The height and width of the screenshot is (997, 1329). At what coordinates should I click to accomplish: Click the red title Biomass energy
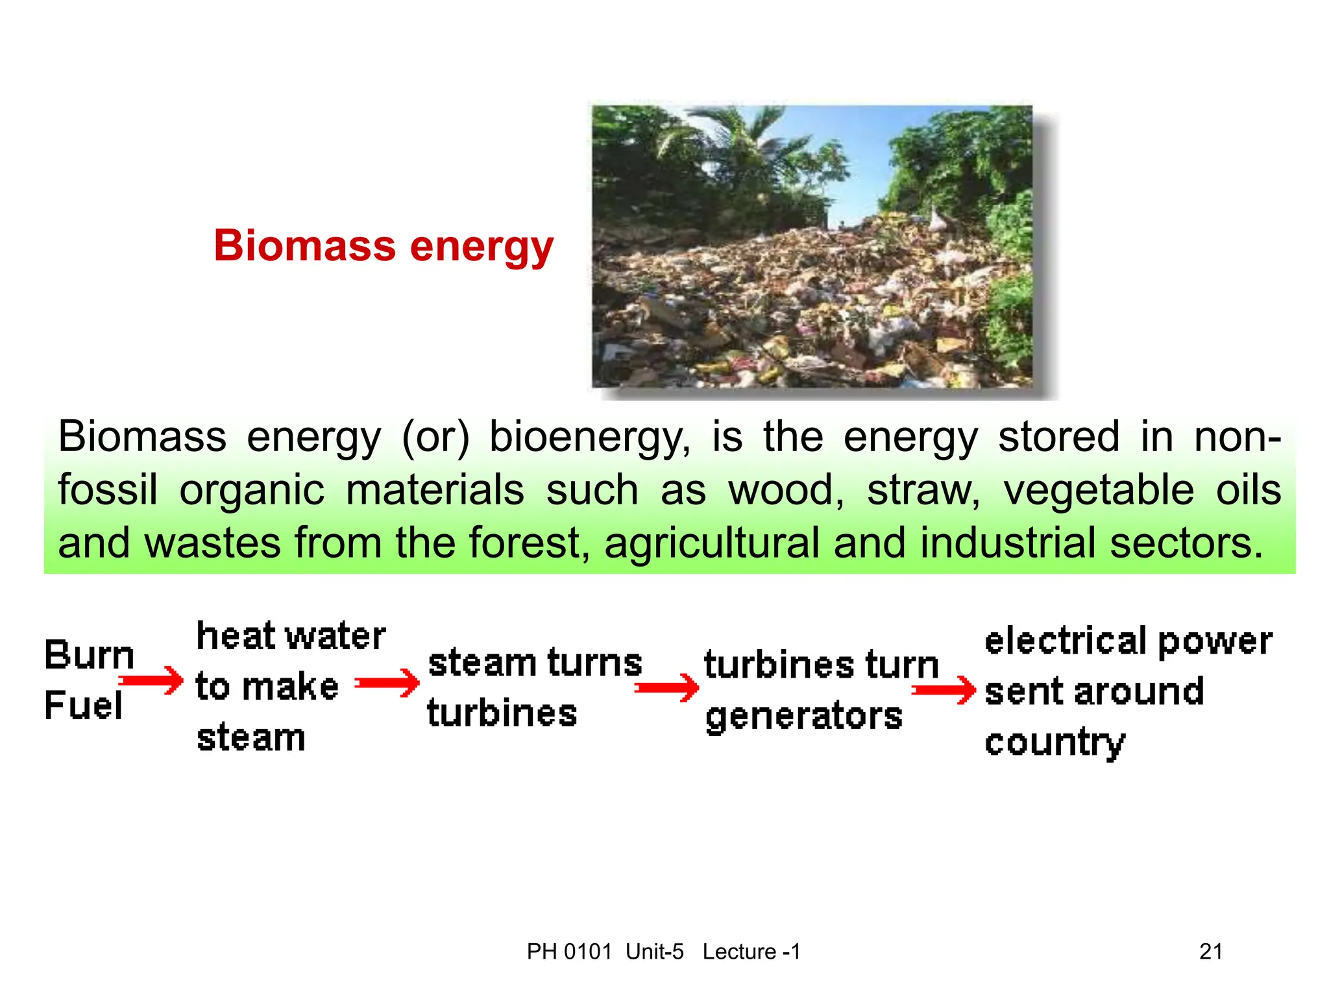pos(384,247)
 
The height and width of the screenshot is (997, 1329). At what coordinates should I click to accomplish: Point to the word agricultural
pos(712,543)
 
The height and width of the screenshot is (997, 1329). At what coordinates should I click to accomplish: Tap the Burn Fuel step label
pos(88,680)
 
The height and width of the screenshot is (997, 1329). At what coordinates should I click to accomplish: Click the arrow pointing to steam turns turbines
pos(387,683)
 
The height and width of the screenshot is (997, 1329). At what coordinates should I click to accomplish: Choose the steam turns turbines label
pos(533,687)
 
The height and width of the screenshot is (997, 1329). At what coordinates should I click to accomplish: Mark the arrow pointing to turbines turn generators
pos(666,687)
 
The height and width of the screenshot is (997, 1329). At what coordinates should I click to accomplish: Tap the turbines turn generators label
pos(821,690)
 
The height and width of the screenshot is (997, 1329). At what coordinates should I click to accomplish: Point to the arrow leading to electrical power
pos(944,690)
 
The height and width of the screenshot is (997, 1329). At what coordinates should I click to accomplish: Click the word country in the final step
pos(1055,743)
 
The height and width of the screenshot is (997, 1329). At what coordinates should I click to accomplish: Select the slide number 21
pos(1211,952)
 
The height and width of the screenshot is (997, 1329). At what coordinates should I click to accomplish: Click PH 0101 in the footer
pos(569,952)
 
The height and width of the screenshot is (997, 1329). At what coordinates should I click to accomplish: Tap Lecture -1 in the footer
pos(751,952)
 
